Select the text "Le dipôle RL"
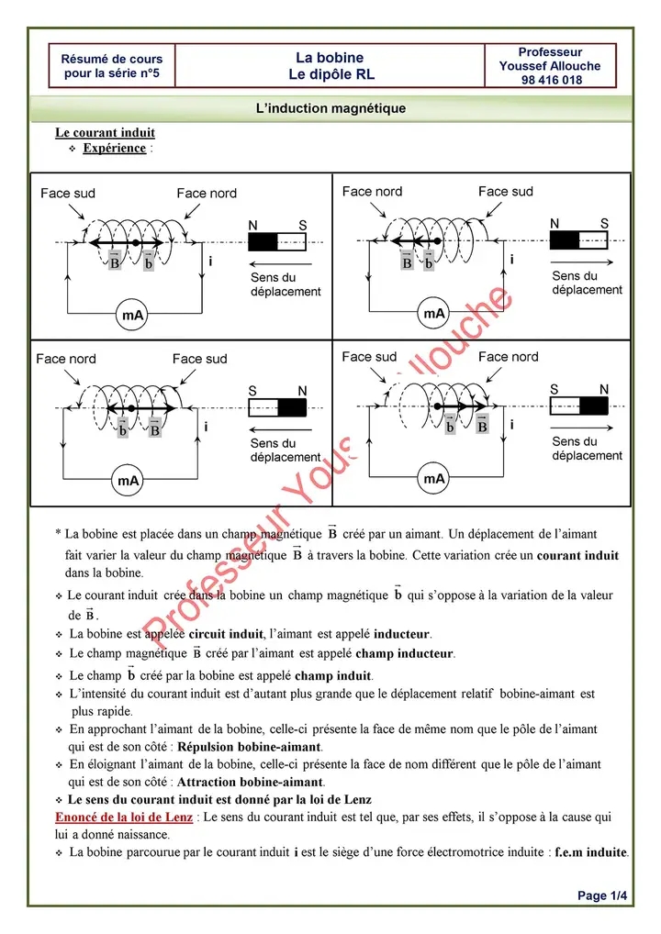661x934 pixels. pyautogui.click(x=331, y=74)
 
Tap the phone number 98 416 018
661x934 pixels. pyautogui.click(x=550, y=80)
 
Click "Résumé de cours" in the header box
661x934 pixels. pyautogui.click(x=111, y=59)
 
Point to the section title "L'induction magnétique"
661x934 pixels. pyautogui.click(x=330, y=108)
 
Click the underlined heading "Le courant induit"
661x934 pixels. pyautogui.click(x=105, y=133)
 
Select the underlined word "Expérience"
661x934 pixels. pyautogui.click(x=115, y=148)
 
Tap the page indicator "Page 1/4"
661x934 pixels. pyautogui.click(x=602, y=895)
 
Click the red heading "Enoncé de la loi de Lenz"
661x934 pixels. pyautogui.click(x=124, y=817)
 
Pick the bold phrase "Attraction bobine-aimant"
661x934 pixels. pyautogui.click(x=250, y=782)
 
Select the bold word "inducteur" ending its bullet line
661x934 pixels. pyautogui.click(x=402, y=634)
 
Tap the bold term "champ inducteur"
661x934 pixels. pyautogui.click(x=405, y=653)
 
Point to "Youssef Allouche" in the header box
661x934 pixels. pyautogui.click(x=550, y=66)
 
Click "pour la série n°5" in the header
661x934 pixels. pyautogui.click(x=111, y=73)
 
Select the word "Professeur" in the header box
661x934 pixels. pyautogui.click(x=550, y=52)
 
